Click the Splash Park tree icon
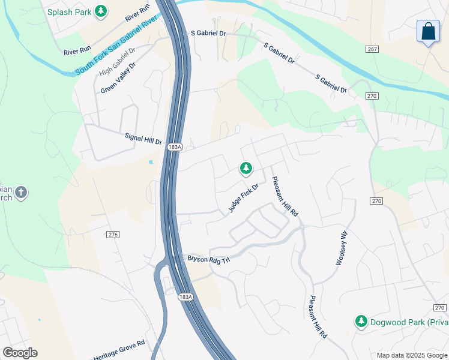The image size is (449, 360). click(x=101, y=11)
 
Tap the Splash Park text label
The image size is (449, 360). click(x=70, y=11)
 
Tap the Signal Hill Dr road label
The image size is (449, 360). click(x=143, y=139)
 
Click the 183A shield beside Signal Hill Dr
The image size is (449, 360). click(x=174, y=146)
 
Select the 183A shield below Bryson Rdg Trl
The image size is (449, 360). click(x=185, y=297)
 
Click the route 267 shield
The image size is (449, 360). click(x=372, y=49)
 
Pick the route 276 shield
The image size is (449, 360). click(x=113, y=235)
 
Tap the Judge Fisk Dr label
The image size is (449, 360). click(x=243, y=198)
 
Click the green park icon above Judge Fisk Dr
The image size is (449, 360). click(x=246, y=169)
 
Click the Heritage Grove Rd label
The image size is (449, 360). click(x=119, y=351)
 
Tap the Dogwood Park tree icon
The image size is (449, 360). click(x=361, y=322)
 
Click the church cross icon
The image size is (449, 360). click(x=20, y=193)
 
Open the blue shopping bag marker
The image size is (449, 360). click(x=429, y=32)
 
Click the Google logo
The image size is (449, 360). click(x=20, y=353)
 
